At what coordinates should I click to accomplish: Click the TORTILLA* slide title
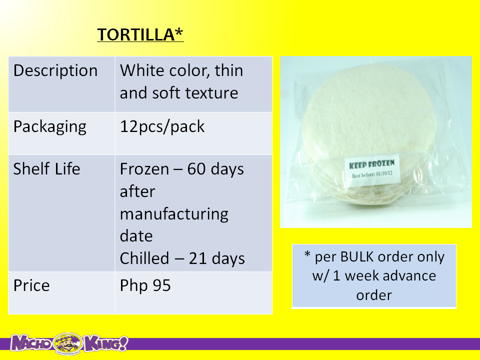click(140, 34)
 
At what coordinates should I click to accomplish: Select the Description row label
click(55, 70)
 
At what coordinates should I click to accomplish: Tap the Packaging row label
click(50, 127)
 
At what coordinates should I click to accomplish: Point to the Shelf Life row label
click(46, 168)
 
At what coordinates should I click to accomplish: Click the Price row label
click(31, 285)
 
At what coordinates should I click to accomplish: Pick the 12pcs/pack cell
click(162, 126)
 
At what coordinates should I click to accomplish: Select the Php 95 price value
click(145, 285)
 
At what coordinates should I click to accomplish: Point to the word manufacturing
click(174, 214)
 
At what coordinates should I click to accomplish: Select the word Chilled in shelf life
click(144, 258)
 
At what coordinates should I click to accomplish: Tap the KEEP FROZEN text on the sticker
click(371, 164)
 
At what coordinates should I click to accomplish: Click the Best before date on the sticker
click(372, 174)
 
